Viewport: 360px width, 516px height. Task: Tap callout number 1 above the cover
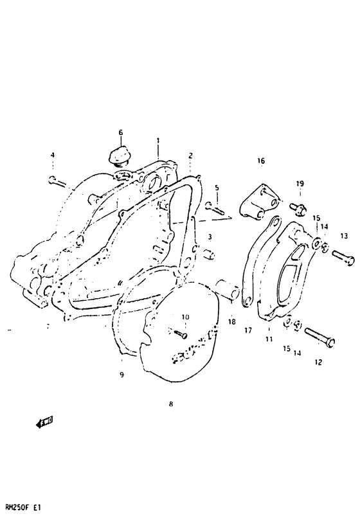point(157,139)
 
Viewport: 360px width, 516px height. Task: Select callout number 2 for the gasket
point(191,155)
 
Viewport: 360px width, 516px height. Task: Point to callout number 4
point(53,155)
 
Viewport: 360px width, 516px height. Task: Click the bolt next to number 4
point(57,181)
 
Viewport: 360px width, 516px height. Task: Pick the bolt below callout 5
point(214,207)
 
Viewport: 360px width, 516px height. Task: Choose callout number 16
point(261,160)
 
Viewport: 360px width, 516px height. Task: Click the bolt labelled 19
point(298,207)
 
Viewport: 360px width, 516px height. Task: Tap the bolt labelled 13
point(341,258)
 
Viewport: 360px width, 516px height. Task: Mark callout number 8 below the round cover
point(170,404)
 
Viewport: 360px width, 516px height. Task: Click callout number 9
point(121,375)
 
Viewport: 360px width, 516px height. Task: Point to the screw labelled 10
point(180,332)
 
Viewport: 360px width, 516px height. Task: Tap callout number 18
point(231,321)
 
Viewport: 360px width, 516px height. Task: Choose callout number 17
point(248,332)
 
